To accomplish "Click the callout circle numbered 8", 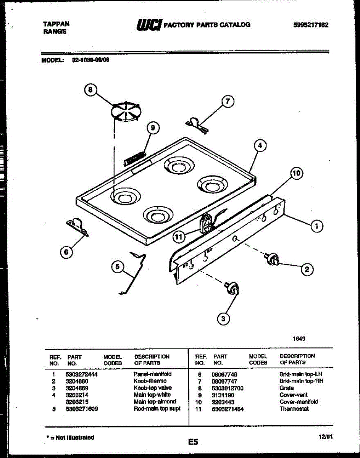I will pos(90,90).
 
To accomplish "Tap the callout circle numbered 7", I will pos(228,101).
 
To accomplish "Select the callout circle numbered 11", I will pos(178,237).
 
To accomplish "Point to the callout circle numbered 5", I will pos(118,267).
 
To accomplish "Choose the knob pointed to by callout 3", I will pos(232,289).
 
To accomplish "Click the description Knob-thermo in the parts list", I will pos(150,381).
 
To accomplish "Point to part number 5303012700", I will pos(228,389).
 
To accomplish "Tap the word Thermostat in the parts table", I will pos(294,409).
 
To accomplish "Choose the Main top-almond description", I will pos(155,402).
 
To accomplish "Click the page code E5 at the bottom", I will pos(193,442).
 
